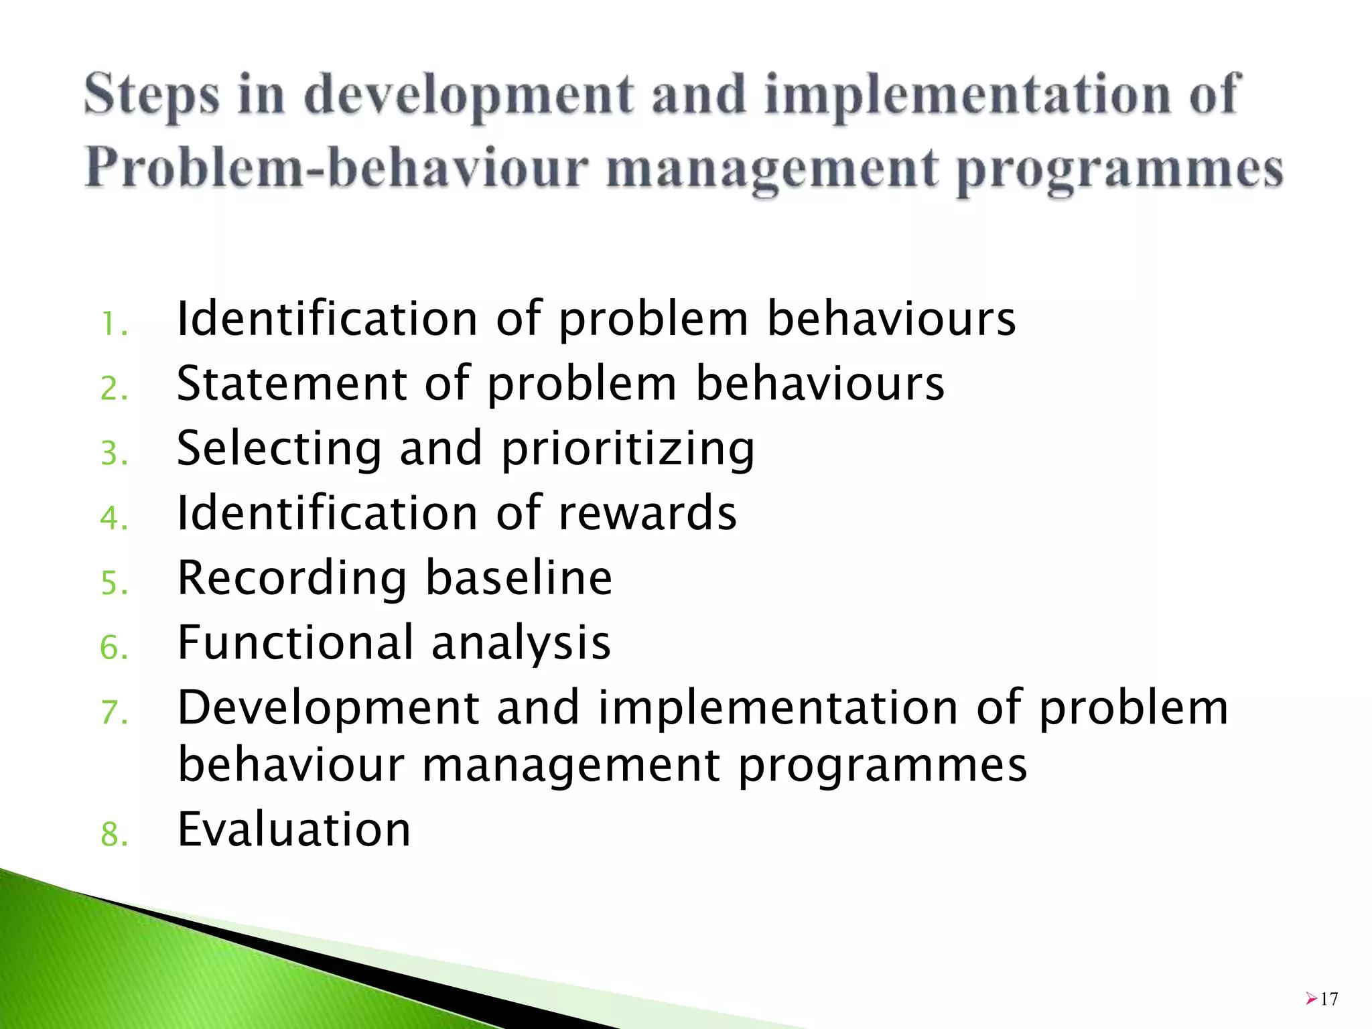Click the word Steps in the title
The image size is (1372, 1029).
coord(151,96)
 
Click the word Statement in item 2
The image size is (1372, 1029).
coord(291,383)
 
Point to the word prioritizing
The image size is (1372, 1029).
coord(628,448)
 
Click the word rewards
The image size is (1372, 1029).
coord(647,513)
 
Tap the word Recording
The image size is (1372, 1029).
coord(291,577)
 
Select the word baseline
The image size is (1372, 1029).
coord(519,577)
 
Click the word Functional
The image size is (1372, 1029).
coord(295,642)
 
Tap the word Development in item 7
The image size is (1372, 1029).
coord(328,709)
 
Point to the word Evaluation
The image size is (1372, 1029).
coord(293,829)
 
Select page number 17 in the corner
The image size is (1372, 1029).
coord(1329,1000)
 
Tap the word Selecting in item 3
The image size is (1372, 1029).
coord(279,448)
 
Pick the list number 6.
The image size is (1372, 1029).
coord(113,648)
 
